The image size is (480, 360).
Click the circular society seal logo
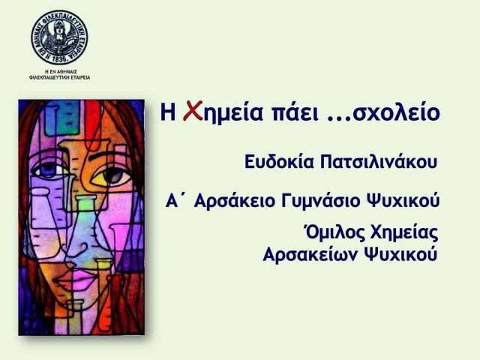click(59, 37)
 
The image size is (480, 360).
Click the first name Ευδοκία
click(279, 162)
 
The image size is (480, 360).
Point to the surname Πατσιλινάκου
click(379, 162)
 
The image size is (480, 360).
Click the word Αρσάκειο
click(235, 201)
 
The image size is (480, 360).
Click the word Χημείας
click(404, 233)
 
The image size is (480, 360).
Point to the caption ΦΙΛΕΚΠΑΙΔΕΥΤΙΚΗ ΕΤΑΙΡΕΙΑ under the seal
click(60, 77)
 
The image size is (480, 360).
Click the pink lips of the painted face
click(75, 278)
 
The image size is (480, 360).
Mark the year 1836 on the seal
click(59, 60)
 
